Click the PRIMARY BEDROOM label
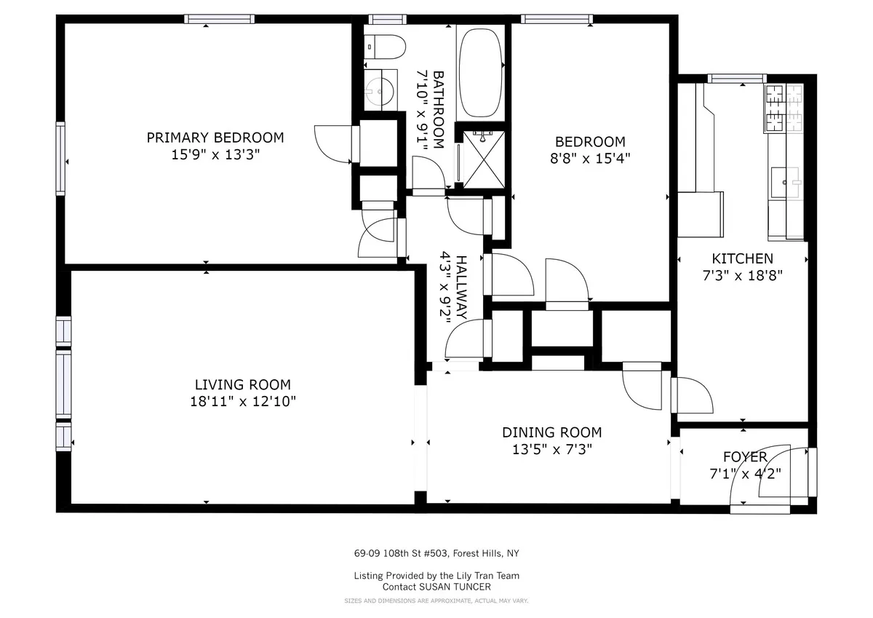[215, 138]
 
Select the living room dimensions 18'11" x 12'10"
[242, 401]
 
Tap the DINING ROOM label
[551, 432]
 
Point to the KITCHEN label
[742, 258]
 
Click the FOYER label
[744, 457]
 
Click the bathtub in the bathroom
[480, 72]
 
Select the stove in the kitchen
[784, 108]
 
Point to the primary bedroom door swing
[332, 143]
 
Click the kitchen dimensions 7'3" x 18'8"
[742, 275]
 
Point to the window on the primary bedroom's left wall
[60, 159]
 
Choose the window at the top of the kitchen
[737, 78]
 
